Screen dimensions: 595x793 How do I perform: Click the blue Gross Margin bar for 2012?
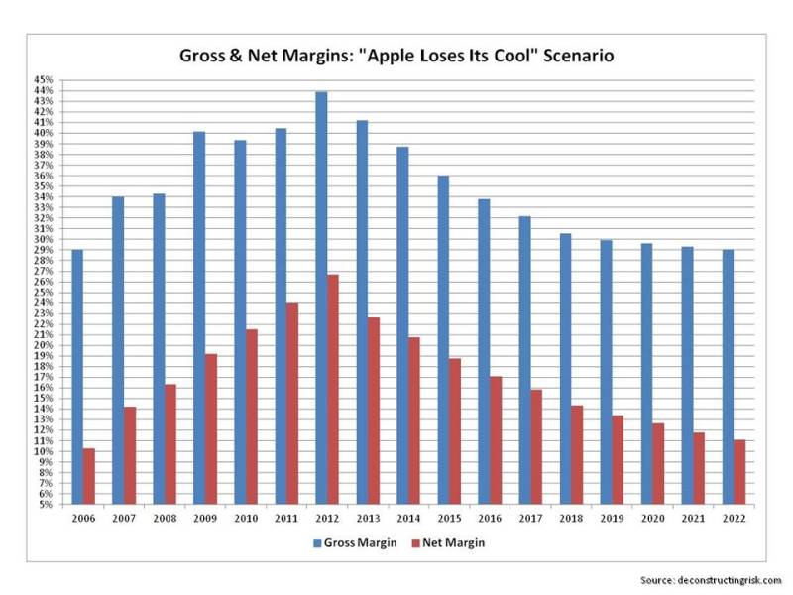coord(321,297)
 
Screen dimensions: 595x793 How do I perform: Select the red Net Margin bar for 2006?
coord(89,476)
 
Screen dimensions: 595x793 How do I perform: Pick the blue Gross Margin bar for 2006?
coord(77,377)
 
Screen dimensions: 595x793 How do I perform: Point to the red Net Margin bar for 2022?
coord(739,472)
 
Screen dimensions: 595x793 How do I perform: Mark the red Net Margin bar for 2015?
coord(455,430)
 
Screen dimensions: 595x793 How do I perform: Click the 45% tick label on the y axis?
coord(44,79)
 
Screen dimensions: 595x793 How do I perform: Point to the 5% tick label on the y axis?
coord(46,505)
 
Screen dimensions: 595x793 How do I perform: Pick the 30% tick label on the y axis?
coord(44,239)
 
